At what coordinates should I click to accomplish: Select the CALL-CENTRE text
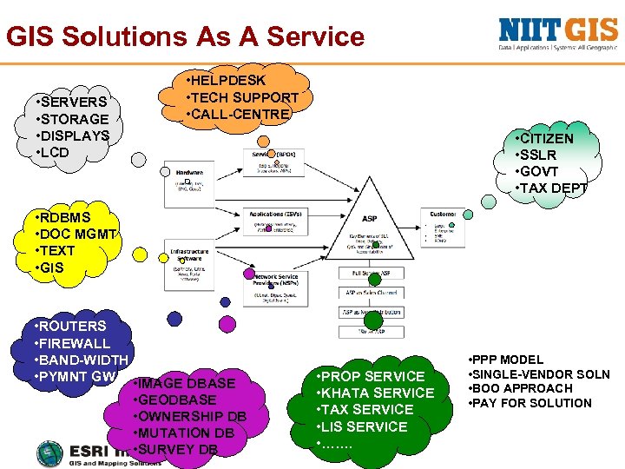(241, 115)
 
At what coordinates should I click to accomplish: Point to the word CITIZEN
(547, 139)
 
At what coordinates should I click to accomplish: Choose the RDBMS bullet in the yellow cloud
(65, 217)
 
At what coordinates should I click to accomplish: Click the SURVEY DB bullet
(180, 450)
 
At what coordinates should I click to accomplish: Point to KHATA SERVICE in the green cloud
(378, 393)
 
